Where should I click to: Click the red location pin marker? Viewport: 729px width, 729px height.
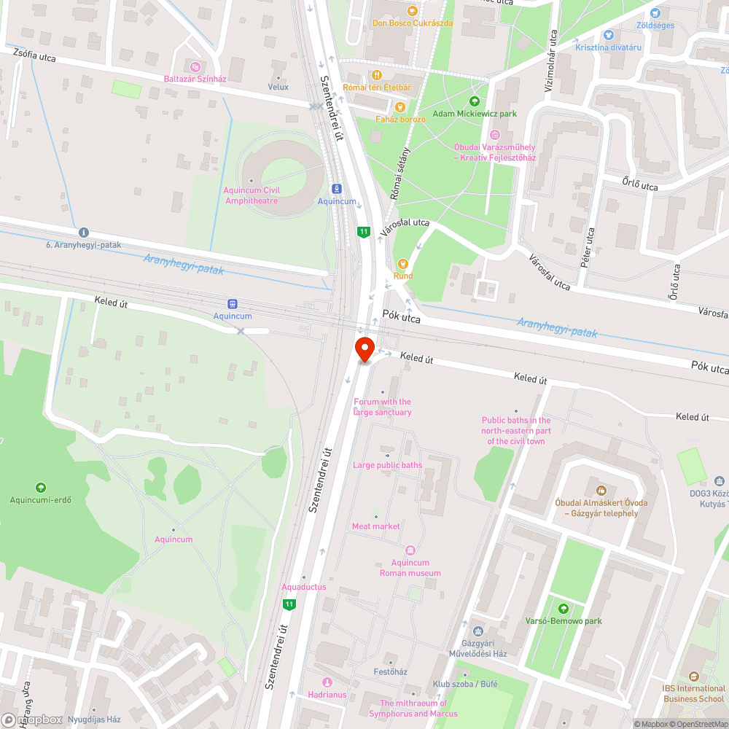pos(364,348)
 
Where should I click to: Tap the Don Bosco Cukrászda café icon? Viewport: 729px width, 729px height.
pos(412,10)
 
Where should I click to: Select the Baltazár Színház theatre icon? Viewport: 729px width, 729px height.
pos(194,66)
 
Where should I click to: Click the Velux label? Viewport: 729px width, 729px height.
pos(278,87)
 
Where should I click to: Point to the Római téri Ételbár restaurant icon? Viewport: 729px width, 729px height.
pos(377,74)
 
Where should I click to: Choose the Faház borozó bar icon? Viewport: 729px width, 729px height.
pos(399,106)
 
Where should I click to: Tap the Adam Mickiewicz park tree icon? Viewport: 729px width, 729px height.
pos(475,101)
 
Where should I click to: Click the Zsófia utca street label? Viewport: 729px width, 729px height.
pos(35,55)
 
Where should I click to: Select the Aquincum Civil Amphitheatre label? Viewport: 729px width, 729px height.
pos(252,195)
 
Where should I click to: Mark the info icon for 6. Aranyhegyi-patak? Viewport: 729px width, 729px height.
pos(84,232)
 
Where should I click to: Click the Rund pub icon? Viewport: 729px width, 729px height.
pos(402,263)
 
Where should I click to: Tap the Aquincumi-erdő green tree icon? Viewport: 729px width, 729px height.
pos(40,487)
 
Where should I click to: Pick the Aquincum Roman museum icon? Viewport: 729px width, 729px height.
pos(410,550)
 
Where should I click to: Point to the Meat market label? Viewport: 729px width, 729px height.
pos(375,526)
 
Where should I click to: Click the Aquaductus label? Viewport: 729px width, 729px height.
pos(303,587)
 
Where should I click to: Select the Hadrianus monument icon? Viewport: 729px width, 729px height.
pos(327,682)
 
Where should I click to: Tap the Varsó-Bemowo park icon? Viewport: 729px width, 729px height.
pos(563,608)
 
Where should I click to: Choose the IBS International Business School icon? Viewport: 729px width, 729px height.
pos(693,676)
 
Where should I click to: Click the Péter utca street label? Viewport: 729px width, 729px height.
pos(588,249)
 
